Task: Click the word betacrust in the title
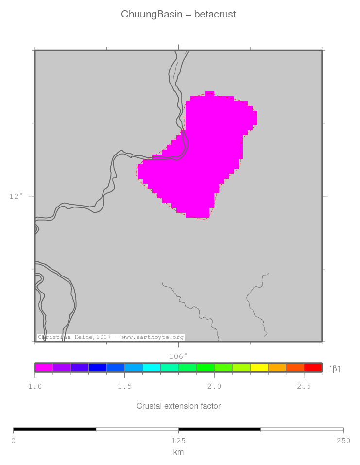(x=215, y=15)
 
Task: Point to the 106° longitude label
(x=178, y=356)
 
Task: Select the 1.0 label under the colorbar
(x=35, y=386)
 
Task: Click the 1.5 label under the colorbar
(x=124, y=386)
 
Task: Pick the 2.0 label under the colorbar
(x=214, y=386)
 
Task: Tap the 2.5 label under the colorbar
(x=304, y=386)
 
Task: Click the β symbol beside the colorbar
(x=335, y=369)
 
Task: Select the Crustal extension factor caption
(x=178, y=406)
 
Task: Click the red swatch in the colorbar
(x=312, y=367)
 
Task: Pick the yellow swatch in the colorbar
(x=259, y=367)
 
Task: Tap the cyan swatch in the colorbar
(x=152, y=367)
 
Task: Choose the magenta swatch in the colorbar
(x=44, y=367)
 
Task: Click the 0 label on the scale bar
(x=14, y=441)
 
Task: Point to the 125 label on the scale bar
(x=178, y=441)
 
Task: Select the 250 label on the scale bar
(x=343, y=441)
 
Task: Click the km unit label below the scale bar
(x=178, y=452)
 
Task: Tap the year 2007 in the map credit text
(x=106, y=337)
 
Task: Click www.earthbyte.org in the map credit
(x=153, y=337)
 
